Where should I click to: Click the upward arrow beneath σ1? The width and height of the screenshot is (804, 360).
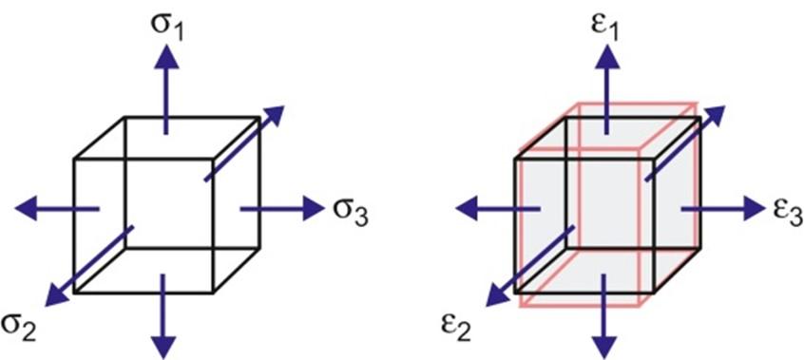click(166, 90)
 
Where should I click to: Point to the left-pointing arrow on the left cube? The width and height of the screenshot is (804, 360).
click(57, 207)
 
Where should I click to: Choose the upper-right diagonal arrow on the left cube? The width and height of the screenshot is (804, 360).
click(244, 142)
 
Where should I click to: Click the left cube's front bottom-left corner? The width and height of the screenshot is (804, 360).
click(75, 293)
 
